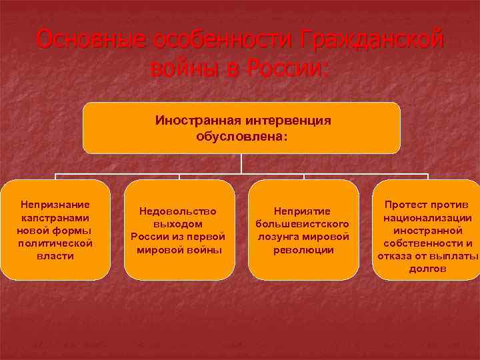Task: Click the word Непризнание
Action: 55,205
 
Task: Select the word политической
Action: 55,243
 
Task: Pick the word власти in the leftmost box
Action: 55,255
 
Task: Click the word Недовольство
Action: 178,211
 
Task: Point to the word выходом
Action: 178,224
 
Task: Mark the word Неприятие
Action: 303,211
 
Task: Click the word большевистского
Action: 303,224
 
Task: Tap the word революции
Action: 303,249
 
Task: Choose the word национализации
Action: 428,217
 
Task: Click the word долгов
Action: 428,268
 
